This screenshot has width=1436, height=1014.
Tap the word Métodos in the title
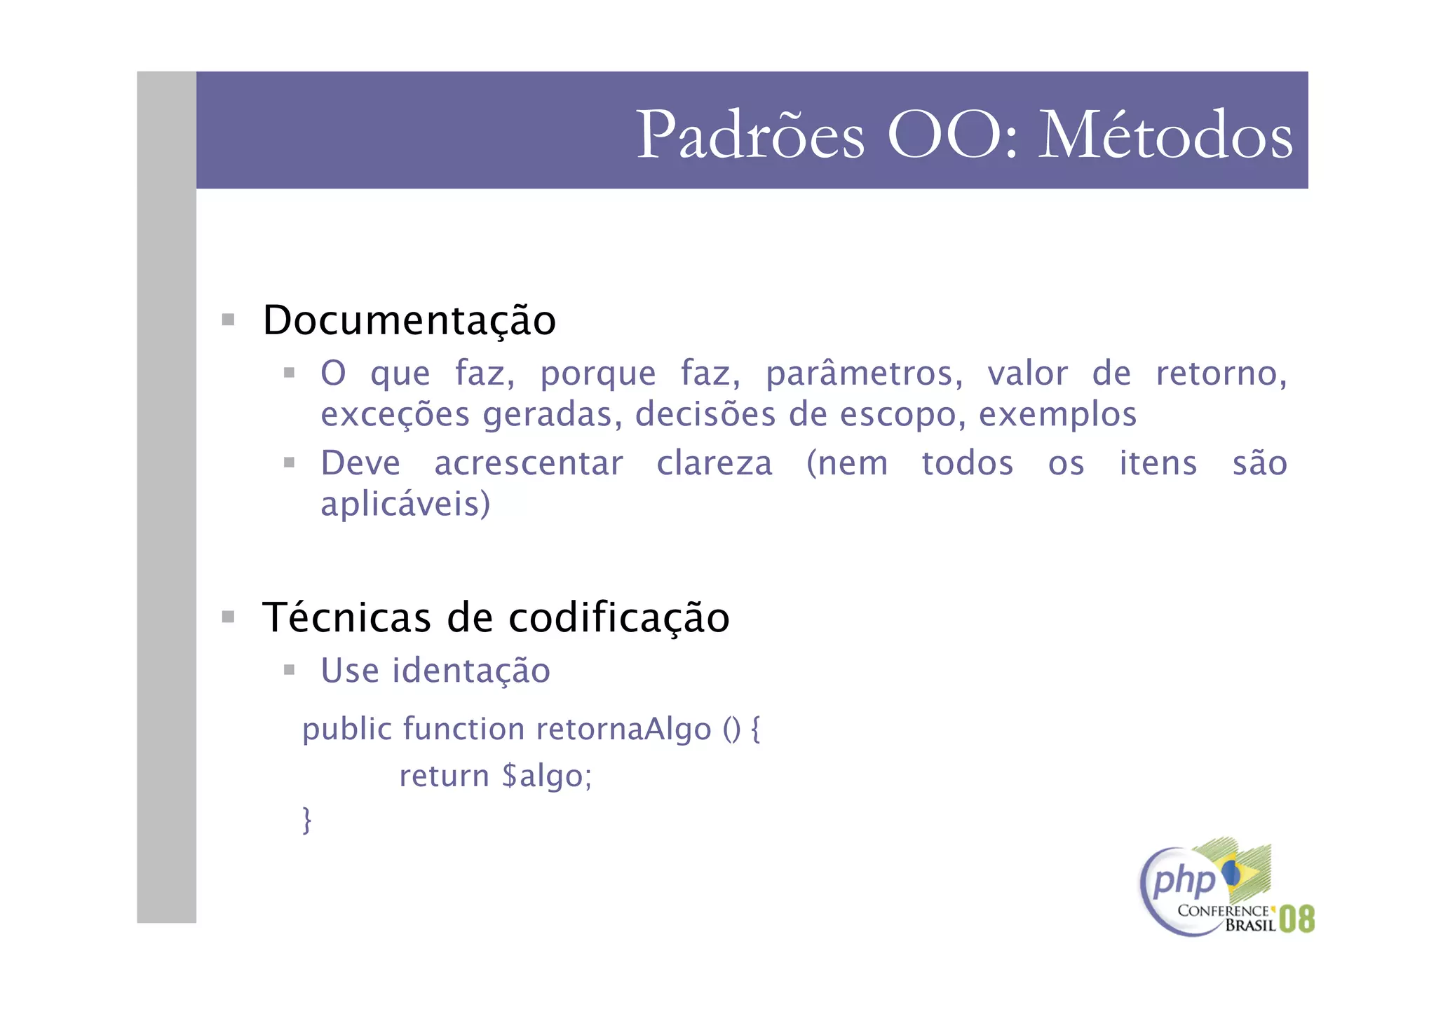[x=1165, y=135]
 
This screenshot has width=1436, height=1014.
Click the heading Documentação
[x=409, y=320]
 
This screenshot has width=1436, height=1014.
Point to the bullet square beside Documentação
[x=228, y=320]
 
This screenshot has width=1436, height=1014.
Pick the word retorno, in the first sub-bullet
[x=1221, y=374]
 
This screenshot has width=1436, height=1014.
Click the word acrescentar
[x=529, y=464]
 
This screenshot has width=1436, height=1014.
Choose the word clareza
[x=714, y=464]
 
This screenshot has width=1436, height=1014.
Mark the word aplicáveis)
[x=405, y=505]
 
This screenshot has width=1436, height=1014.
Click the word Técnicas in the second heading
[x=346, y=617]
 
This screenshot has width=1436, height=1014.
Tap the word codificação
[x=618, y=619]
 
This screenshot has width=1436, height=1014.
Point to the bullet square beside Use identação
[x=289, y=670]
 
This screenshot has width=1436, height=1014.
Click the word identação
[x=470, y=671]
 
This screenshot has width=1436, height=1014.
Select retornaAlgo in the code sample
[x=624, y=729]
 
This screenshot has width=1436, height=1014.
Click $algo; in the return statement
[x=547, y=776]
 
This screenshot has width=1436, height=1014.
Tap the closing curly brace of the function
[x=306, y=819]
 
